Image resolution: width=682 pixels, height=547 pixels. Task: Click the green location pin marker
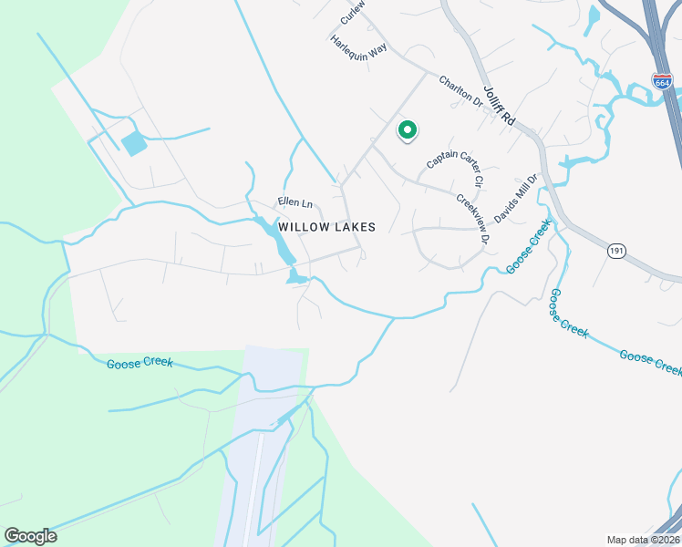408,131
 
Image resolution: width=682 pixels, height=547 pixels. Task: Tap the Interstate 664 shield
663,81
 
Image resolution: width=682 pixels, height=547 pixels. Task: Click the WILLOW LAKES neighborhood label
326,227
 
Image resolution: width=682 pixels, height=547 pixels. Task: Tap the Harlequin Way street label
358,46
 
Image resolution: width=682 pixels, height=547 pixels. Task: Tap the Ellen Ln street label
294,202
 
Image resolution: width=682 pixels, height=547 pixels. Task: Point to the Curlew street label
353,11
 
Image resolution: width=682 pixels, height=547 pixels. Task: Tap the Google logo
30,536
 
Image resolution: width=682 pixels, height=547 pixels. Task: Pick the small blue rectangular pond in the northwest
133,143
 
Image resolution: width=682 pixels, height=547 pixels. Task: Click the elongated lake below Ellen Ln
276,238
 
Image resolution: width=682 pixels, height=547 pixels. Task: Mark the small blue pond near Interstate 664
594,15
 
